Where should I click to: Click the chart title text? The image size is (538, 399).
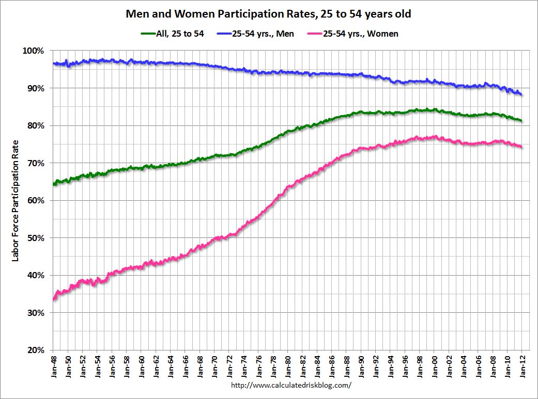click(x=269, y=14)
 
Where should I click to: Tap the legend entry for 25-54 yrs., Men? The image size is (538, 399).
click(x=264, y=34)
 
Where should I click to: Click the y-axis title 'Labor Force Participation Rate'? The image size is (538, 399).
click(x=15, y=200)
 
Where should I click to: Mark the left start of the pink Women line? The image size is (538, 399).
click(x=54, y=299)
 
